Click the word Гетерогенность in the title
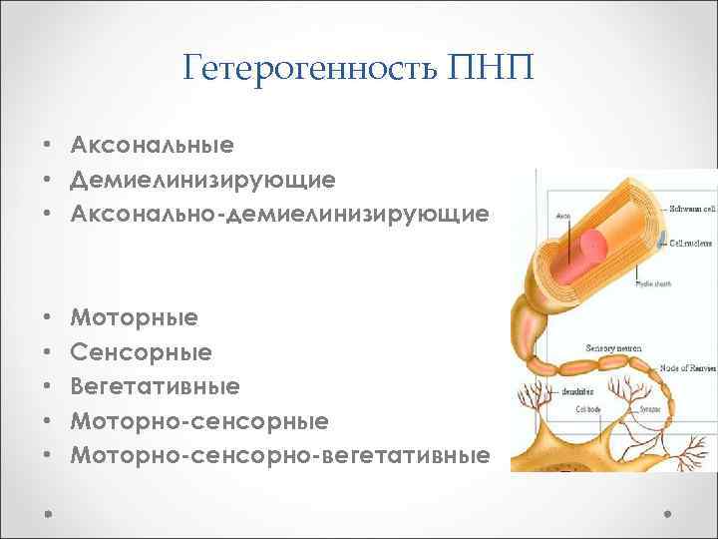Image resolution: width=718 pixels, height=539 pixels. coord(313,70)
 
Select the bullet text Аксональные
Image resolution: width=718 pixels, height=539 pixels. coord(153,145)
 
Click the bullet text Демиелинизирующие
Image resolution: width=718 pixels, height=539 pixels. coord(202,180)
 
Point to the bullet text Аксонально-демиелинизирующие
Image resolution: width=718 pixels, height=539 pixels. coord(280,214)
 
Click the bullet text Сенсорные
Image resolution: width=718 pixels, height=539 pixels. coord(141,351)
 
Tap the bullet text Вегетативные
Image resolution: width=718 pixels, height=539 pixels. coord(155,385)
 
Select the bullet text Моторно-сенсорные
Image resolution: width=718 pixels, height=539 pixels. coord(199,420)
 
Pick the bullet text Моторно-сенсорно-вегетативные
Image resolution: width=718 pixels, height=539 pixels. coord(280,455)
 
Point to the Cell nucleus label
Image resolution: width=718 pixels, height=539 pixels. coord(690,243)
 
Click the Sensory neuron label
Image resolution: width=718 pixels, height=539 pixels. coord(614,347)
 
